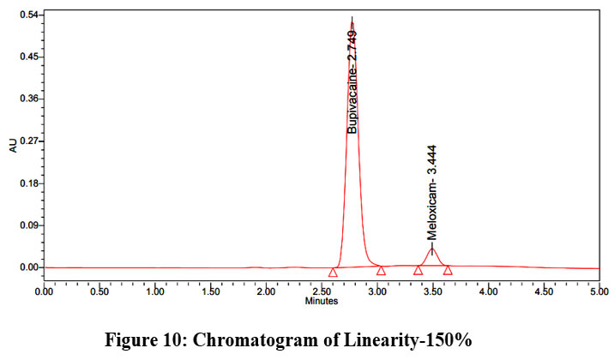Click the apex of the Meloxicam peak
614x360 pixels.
[432, 247]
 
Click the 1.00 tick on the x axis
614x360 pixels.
[155, 291]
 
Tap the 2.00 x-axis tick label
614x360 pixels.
[266, 291]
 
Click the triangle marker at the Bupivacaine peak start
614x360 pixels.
[333, 273]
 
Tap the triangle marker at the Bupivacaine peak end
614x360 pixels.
[381, 271]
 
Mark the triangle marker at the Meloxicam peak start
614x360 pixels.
[418, 271]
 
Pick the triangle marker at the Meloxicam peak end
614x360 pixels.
[448, 270]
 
